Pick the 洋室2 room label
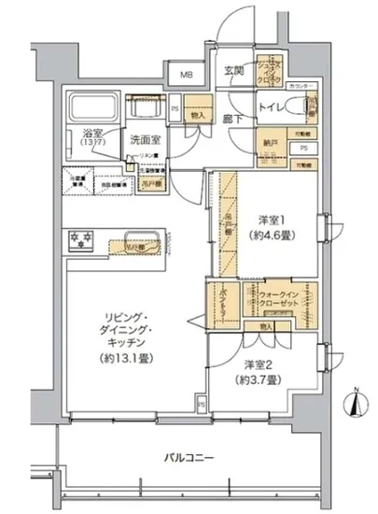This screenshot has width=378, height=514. (259, 365)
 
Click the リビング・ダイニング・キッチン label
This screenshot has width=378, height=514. (135, 332)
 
